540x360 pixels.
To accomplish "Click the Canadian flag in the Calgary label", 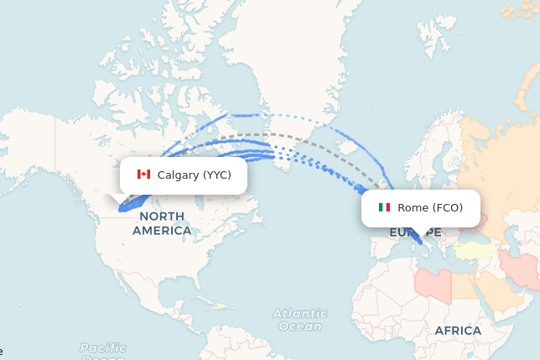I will coord(143,175).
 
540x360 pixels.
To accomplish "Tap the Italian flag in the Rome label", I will coord(384,207).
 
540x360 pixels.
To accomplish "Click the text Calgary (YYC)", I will coord(194,175).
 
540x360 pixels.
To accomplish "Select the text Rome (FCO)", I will coord(430,207).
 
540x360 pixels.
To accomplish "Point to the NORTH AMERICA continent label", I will coord(162,223).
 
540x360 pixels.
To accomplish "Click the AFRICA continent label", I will coord(458,331).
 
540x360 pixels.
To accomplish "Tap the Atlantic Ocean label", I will coord(299,320).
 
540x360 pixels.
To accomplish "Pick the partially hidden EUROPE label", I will coord(414,232).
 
